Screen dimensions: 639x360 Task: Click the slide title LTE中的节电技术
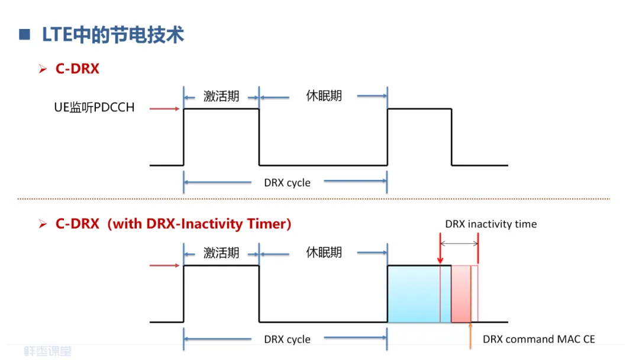click(113, 34)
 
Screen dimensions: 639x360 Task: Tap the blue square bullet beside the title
click(24, 34)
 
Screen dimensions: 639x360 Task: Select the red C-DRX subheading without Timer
click(77, 69)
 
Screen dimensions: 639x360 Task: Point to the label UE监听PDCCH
click(94, 107)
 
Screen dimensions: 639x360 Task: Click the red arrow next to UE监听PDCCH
click(164, 109)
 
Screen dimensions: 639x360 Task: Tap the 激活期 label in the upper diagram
click(221, 97)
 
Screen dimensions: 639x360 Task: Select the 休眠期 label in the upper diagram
click(324, 96)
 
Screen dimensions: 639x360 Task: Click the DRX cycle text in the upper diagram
click(287, 182)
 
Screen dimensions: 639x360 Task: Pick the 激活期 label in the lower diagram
click(221, 253)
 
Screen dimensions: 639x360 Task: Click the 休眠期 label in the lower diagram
click(324, 253)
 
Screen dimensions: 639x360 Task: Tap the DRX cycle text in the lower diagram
click(287, 339)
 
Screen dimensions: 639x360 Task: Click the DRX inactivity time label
click(491, 224)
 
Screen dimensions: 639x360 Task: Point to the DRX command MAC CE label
click(538, 339)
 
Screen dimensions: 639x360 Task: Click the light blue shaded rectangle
click(413, 294)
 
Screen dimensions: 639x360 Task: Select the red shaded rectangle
click(461, 294)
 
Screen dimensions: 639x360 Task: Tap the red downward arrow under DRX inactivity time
click(440, 252)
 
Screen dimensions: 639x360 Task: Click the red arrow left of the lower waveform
click(164, 265)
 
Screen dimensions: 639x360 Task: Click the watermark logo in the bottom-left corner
click(47, 351)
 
